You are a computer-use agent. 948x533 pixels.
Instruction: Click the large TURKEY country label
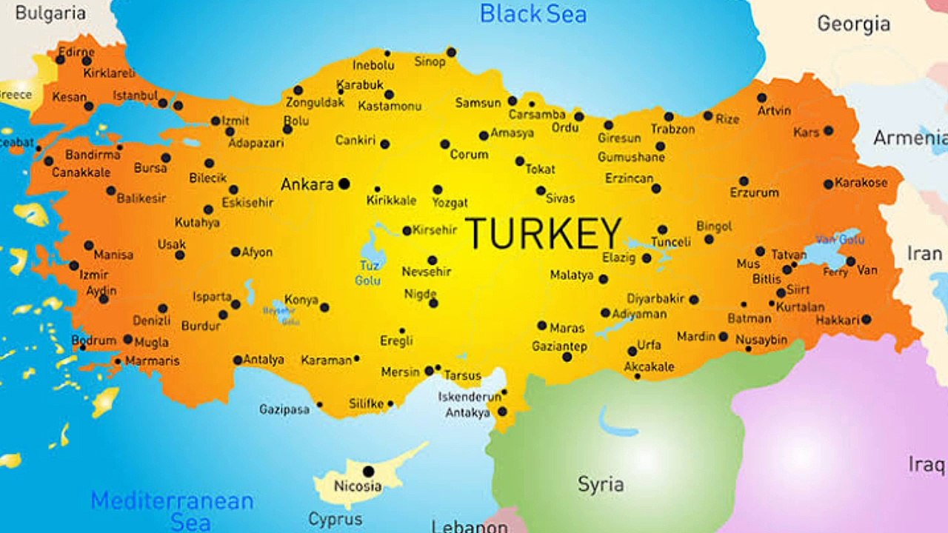[543, 233]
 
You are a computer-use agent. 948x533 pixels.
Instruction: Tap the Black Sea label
[533, 14]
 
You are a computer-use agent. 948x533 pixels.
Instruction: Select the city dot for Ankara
[344, 184]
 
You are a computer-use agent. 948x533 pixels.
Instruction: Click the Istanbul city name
[135, 95]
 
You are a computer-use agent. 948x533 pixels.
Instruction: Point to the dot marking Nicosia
[368, 471]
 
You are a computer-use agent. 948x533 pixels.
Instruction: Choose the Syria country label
[601, 485]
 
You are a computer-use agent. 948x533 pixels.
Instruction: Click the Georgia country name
[853, 24]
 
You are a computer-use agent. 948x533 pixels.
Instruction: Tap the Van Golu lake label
[829, 240]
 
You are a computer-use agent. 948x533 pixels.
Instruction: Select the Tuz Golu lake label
[369, 273]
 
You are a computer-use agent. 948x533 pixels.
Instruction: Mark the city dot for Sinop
[451, 52]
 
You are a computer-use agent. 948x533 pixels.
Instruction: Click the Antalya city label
[264, 360]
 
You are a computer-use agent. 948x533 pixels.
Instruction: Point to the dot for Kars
[828, 130]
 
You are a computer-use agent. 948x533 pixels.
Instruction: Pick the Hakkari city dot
[866, 320]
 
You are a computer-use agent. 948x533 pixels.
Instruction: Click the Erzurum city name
[754, 192]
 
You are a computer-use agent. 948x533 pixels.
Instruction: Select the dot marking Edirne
[61, 59]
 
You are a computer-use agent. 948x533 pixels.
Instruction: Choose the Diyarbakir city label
[655, 299]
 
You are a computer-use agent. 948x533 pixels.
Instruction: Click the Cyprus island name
[335, 519]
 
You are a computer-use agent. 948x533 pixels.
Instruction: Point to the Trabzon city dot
[669, 116]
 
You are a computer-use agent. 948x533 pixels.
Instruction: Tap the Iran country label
[925, 254]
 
